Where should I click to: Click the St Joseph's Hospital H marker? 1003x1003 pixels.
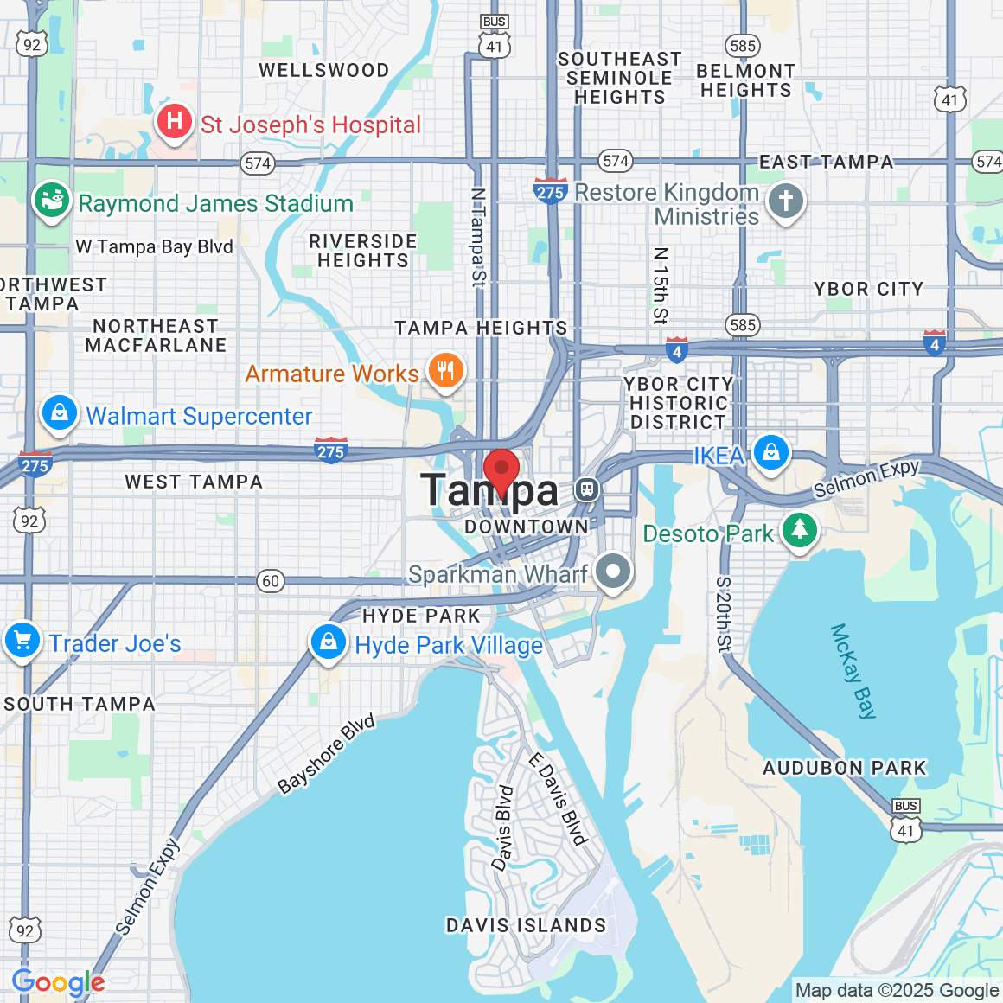(175, 122)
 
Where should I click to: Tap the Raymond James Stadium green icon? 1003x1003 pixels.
(52, 201)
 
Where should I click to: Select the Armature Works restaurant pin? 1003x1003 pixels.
(445, 371)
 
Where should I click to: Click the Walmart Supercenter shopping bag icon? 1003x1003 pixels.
(60, 412)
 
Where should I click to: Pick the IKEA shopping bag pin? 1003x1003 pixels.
(770, 452)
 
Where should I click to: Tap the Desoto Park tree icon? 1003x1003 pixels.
(800, 529)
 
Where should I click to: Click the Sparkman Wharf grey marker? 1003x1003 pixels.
(613, 572)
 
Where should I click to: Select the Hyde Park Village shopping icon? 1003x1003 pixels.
(329, 642)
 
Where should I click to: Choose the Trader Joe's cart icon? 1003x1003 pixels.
(22, 641)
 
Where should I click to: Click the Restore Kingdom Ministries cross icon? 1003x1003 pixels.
(786, 202)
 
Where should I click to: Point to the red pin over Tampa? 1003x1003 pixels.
(501, 470)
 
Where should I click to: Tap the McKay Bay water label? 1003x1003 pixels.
(853, 671)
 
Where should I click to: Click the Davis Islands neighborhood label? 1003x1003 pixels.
(526, 925)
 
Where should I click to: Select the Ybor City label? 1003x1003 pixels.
(868, 289)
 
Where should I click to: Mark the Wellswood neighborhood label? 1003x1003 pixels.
(324, 71)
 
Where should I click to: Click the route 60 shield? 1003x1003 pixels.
(271, 581)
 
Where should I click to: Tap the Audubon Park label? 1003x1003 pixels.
(844, 768)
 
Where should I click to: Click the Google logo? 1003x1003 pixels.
(58, 982)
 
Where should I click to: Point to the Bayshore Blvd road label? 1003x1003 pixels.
(326, 753)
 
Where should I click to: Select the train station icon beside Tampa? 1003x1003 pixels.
(587, 489)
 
